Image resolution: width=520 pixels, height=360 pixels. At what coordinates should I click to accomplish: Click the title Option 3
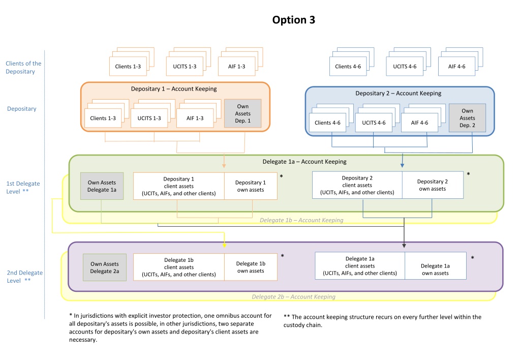[x=293, y=20]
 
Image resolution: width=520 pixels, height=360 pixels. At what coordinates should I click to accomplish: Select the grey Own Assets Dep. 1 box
[x=243, y=113]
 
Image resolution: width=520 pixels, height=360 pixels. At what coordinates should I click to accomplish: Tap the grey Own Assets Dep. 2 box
[x=467, y=118]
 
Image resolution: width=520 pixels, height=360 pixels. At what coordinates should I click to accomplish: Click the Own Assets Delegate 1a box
[x=102, y=186]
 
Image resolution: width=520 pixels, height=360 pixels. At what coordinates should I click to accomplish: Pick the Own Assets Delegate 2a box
[x=105, y=267]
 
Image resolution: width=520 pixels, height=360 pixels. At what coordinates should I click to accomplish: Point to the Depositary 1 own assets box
[x=251, y=186]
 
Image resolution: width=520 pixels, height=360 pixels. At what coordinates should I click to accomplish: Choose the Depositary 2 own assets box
[x=433, y=185]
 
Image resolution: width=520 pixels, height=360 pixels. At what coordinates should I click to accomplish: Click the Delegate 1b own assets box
[x=251, y=267]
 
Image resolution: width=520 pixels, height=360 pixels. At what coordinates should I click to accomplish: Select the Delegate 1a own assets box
[x=435, y=266]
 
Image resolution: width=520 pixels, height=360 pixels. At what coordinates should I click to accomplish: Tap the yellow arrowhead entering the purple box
[x=225, y=245]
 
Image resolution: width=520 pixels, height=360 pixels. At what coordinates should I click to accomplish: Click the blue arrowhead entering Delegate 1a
[x=402, y=165]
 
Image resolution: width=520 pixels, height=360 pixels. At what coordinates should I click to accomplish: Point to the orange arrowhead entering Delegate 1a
[x=224, y=165]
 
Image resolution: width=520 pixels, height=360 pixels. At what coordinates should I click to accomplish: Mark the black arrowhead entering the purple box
[x=404, y=246]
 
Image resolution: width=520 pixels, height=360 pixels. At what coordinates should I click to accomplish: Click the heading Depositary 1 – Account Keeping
[x=174, y=89]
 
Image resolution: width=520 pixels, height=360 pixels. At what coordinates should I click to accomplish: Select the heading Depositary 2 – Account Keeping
[x=399, y=93]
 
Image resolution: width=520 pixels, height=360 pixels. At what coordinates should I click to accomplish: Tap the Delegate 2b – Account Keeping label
[x=293, y=296]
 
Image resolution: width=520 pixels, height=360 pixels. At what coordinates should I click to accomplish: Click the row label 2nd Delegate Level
[x=24, y=277]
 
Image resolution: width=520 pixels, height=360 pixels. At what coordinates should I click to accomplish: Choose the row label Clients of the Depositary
[x=23, y=67]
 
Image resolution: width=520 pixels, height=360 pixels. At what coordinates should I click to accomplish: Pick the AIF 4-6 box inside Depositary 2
[x=419, y=123]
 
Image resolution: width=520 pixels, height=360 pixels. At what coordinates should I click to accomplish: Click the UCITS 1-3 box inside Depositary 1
[x=149, y=118]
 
